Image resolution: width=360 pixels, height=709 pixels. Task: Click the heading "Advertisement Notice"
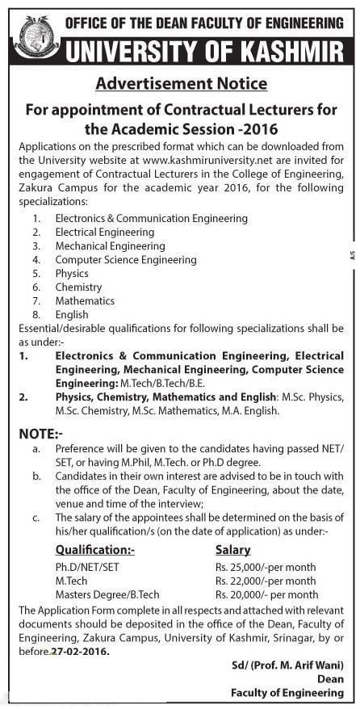pyautogui.click(x=181, y=83)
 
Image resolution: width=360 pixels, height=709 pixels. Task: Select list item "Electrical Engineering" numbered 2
pyautogui.click(x=104, y=232)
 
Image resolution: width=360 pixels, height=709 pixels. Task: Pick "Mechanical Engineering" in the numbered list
pyautogui.click(x=110, y=245)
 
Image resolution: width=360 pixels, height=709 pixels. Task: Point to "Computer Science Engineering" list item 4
pyautogui.click(x=126, y=259)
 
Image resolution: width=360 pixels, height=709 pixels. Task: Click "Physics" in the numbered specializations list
pyautogui.click(x=72, y=273)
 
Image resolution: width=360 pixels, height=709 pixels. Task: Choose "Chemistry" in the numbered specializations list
pyautogui.click(x=78, y=287)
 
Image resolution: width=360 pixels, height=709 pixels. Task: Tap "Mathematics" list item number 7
pyautogui.click(x=85, y=300)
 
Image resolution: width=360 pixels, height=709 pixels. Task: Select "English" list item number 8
pyautogui.click(x=72, y=314)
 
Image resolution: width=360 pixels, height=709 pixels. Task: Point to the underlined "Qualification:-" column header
pyautogui.click(x=95, y=549)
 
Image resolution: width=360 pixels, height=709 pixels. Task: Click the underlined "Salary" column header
pyautogui.click(x=233, y=549)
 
